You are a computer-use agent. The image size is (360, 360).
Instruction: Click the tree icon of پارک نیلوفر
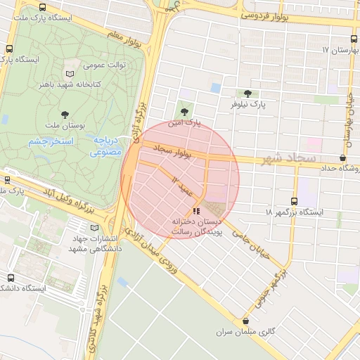point(247,94)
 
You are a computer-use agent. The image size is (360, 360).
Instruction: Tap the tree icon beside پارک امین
point(185,111)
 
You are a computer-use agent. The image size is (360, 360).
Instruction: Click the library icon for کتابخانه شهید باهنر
point(69,73)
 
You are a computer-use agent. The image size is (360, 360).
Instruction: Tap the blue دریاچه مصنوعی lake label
point(108,146)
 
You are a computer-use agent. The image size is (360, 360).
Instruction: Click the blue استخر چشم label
point(51,142)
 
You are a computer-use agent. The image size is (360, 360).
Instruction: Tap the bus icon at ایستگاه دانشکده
point(9,278)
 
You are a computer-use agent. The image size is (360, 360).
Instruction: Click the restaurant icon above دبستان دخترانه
point(196,211)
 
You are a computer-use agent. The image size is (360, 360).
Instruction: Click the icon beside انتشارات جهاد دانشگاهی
point(95,228)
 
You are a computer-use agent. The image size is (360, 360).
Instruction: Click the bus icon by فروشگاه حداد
point(342,157)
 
